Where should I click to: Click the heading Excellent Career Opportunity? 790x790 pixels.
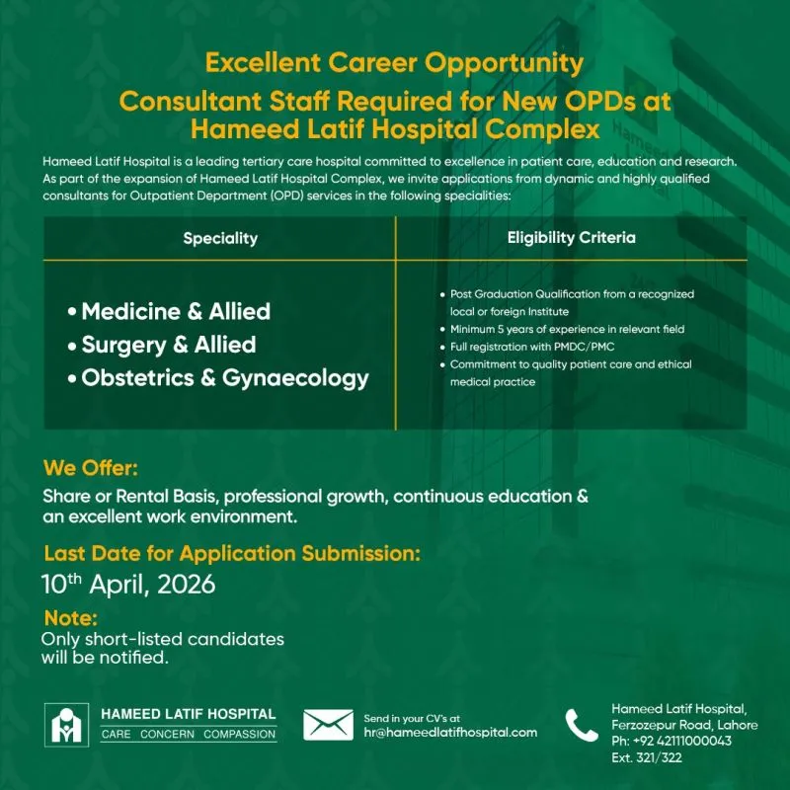[394, 63]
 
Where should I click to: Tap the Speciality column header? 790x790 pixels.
[220, 238]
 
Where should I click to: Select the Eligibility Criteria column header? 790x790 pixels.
[572, 237]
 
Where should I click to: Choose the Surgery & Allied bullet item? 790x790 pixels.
[169, 345]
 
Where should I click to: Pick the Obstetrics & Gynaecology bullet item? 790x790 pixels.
[225, 377]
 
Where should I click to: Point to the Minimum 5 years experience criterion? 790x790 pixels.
[567, 329]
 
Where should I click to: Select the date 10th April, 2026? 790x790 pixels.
[128, 584]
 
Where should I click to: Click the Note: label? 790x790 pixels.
[71, 619]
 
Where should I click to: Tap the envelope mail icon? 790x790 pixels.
[328, 725]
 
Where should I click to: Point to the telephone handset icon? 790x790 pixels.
[582, 725]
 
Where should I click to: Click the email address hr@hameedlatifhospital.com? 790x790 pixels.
[450, 733]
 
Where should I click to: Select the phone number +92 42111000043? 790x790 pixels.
[671, 742]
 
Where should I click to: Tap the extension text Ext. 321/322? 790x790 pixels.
[647, 758]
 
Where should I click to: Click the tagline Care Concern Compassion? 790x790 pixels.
[189, 735]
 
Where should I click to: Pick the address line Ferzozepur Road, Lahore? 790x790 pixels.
[684, 725]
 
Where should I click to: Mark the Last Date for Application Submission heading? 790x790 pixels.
[232, 553]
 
